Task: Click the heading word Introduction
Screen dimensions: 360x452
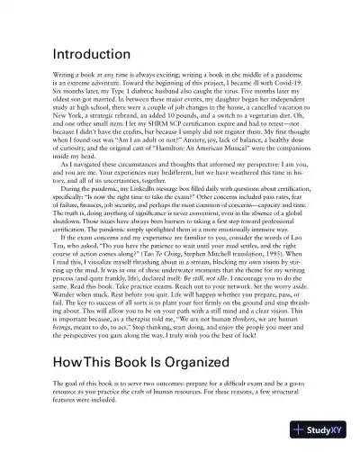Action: [x=92, y=54]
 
